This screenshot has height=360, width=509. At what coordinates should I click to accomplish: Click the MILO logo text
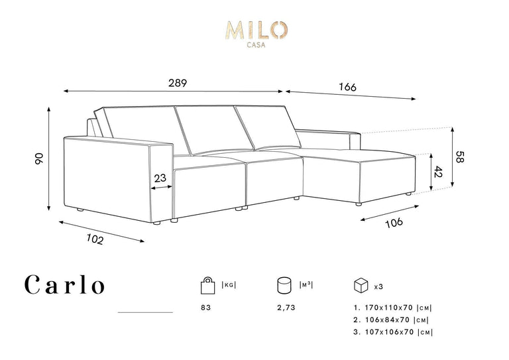pos(256,30)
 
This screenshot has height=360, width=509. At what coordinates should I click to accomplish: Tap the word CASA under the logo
pos(256,45)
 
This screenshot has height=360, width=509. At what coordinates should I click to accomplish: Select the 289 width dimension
pos(178,83)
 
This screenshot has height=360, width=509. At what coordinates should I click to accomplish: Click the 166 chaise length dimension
pos(348,87)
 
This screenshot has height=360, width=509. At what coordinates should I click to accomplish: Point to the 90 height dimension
pos(38,158)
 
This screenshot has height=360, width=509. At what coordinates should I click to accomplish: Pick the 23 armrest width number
pos(160,178)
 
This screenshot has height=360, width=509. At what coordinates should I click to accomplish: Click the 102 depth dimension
pos(95,239)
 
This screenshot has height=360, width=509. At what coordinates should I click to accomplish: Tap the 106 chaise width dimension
pos(394,222)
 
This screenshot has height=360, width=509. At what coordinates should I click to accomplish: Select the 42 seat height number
pos(439,172)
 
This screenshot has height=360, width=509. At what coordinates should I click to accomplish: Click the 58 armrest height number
pos(461,156)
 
